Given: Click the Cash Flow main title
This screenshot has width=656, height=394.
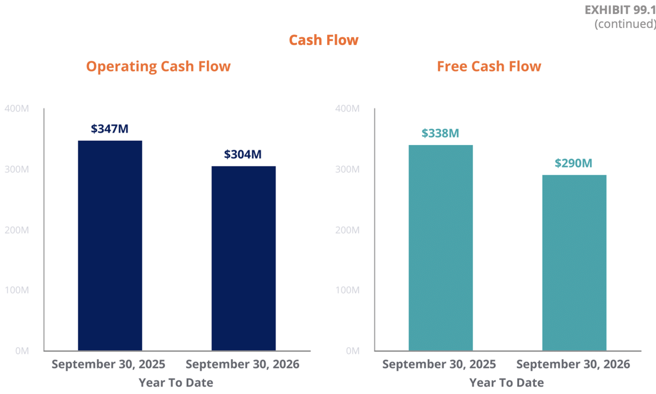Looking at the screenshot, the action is click(324, 40).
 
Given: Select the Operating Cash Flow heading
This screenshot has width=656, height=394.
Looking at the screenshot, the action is click(158, 67).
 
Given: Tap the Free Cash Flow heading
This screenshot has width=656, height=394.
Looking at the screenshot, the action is click(489, 67).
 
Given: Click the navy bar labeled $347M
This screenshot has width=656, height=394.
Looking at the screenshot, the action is click(110, 245).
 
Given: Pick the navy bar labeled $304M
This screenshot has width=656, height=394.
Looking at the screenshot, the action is click(244, 259).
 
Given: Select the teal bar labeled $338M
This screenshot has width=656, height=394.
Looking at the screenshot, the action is click(441, 248).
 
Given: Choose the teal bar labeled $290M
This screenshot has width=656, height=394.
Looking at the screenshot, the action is click(574, 263).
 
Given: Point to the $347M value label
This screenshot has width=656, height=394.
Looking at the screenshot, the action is click(109, 129).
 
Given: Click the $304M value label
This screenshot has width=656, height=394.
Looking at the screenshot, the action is click(243, 154).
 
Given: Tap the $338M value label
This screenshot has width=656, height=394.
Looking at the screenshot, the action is click(440, 133).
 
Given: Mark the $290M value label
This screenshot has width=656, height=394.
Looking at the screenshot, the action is click(574, 163).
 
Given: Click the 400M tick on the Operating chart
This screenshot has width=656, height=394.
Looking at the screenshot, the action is click(17, 108).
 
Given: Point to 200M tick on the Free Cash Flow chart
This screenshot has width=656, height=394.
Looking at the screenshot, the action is click(347, 230).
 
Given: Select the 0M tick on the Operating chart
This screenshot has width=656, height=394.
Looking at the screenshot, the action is click(22, 351).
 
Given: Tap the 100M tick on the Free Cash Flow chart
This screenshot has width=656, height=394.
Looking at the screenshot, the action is click(347, 290).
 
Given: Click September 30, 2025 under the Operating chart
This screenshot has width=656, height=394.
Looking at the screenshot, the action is click(108, 365).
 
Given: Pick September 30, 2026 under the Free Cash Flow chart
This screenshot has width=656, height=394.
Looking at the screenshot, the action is click(573, 365).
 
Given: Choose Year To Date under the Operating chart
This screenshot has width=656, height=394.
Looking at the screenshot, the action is click(176, 383).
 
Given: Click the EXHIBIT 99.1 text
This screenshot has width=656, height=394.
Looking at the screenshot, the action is click(620, 10).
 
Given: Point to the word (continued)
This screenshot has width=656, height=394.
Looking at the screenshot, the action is click(625, 24).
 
